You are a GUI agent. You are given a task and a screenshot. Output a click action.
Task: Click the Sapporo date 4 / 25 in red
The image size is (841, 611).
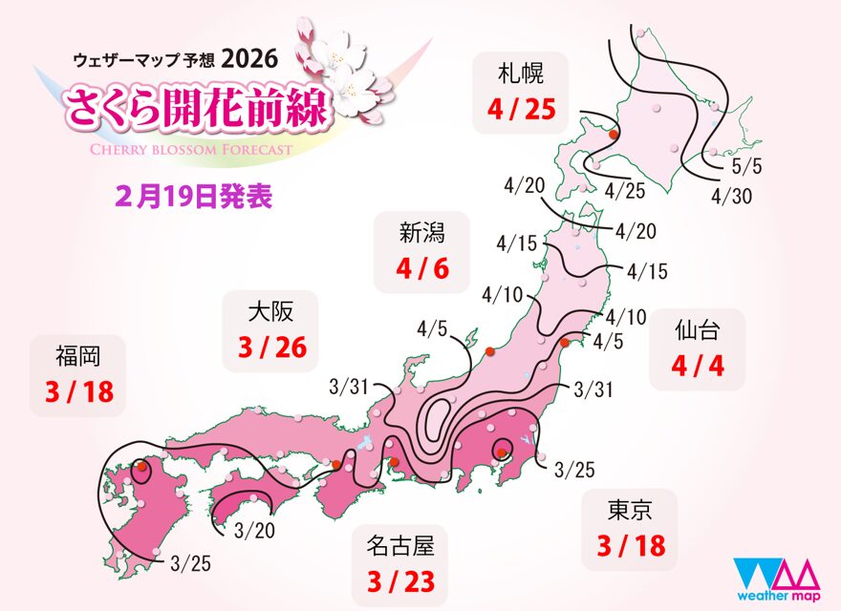(520, 110)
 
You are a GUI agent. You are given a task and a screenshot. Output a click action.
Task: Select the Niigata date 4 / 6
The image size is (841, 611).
(422, 268)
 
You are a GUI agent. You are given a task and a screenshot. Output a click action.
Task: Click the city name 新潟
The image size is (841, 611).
(422, 231)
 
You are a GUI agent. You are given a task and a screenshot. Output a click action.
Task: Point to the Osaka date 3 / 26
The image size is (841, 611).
(273, 348)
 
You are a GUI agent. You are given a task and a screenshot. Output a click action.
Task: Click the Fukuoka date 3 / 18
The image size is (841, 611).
(78, 393)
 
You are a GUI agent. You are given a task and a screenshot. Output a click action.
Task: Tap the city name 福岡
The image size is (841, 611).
(77, 357)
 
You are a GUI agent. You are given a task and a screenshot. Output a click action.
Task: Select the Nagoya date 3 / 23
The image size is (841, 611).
(400, 581)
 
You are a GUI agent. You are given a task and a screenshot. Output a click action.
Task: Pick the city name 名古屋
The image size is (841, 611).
(400, 545)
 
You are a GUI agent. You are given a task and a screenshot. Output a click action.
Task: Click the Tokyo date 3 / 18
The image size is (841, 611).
(630, 547)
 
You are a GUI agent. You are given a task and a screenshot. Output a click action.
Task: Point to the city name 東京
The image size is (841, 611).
(629, 511)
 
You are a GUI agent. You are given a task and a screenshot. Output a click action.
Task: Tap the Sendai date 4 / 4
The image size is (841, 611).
(697, 368)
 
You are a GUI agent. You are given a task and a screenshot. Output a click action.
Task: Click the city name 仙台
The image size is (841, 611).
(696, 331)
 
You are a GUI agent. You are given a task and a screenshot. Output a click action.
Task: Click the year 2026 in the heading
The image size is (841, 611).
(249, 58)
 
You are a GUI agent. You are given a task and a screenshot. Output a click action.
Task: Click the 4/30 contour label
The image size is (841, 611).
(730, 196)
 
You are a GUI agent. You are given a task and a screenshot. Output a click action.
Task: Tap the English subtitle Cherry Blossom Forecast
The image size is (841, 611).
(191, 149)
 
